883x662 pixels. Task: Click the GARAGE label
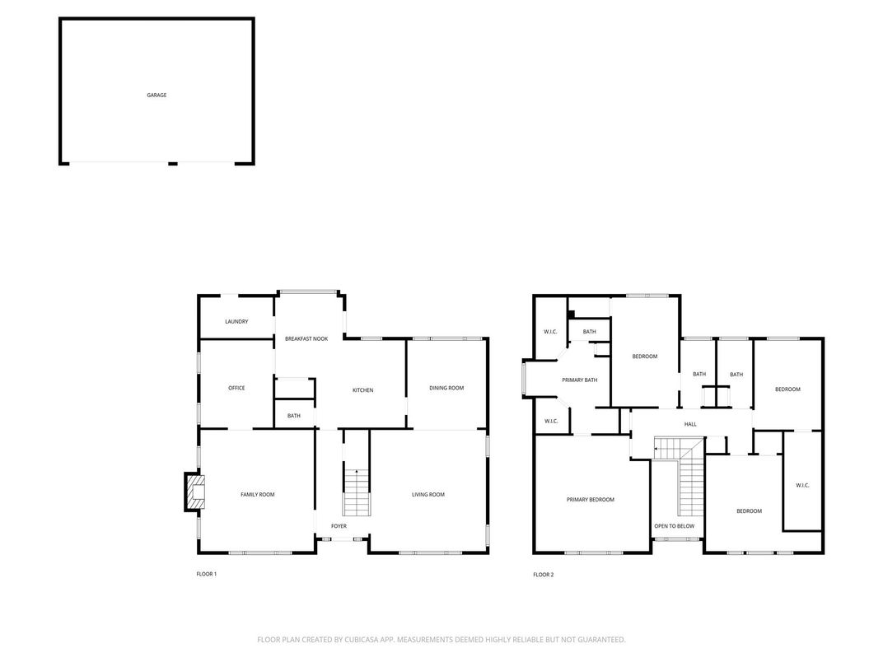pos(157,96)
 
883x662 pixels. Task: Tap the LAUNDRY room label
pos(236,322)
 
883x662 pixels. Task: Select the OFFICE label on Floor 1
pos(236,388)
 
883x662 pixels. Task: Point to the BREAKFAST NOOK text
pos(306,338)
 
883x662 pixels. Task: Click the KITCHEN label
pos(362,390)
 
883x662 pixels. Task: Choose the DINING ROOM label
pos(446,388)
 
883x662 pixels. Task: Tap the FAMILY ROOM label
pos(257,494)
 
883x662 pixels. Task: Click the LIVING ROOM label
pos(427,494)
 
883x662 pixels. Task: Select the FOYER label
pos(339,526)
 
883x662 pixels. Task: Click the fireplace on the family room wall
pos(194,492)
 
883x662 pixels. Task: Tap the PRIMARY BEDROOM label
pos(590,500)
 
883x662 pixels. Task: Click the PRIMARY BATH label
pos(579,380)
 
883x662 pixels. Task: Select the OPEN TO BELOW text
pos(674,526)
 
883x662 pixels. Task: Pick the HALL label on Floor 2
pos(690,424)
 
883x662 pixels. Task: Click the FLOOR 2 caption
pos(543,575)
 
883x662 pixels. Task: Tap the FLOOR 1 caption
pos(206,574)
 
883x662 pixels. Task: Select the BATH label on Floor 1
pos(294,416)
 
